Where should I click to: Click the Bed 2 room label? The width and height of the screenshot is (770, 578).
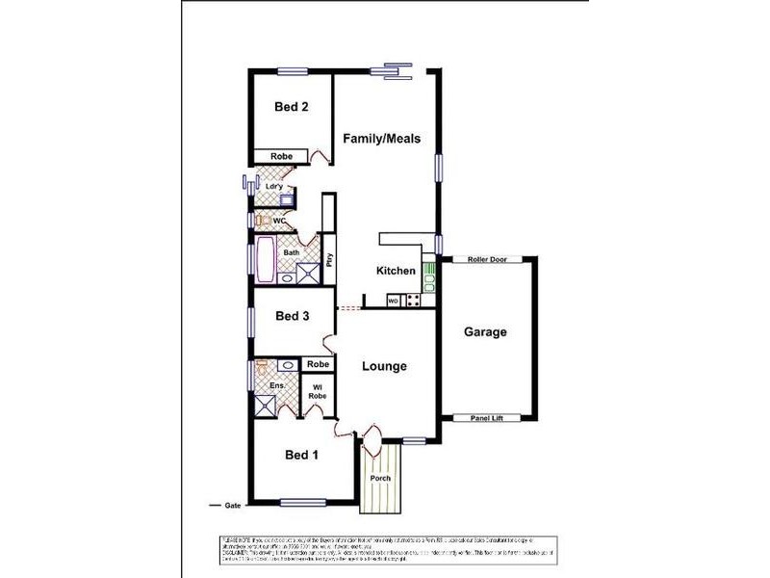click(292, 107)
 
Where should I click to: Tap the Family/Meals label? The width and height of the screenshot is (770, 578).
click(382, 139)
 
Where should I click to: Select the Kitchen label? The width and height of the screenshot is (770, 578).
click(395, 271)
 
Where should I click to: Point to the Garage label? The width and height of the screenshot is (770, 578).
click(486, 332)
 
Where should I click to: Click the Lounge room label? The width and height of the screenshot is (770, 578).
click(384, 366)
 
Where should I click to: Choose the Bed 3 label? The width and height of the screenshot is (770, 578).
click(292, 316)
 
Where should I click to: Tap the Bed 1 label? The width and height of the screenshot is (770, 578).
click(301, 455)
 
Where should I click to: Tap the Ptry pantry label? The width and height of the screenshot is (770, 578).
click(329, 259)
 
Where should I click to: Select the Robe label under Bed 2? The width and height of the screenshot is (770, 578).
click(281, 156)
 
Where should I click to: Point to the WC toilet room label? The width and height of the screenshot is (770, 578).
click(279, 221)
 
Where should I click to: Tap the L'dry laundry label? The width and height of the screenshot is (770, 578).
click(273, 186)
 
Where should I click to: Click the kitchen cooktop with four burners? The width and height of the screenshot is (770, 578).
click(412, 300)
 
